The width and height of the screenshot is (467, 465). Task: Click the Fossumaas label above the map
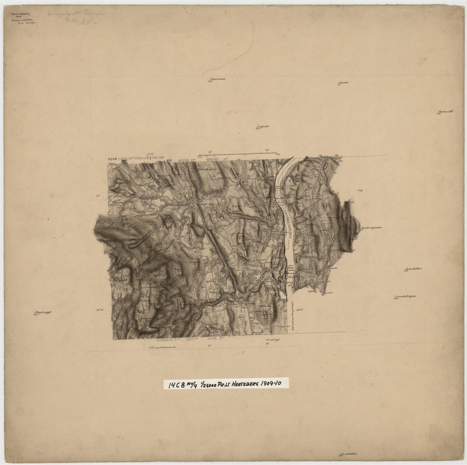tap(218, 79)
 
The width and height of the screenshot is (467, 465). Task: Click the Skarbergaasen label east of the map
tap(371, 227)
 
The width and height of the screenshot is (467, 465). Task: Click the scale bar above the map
tap(237, 155)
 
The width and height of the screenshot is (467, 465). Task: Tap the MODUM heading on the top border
tap(185, 160)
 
